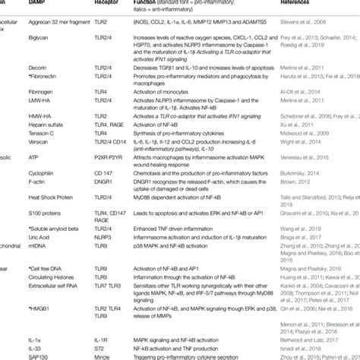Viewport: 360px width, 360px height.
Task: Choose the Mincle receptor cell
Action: (106, 355)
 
